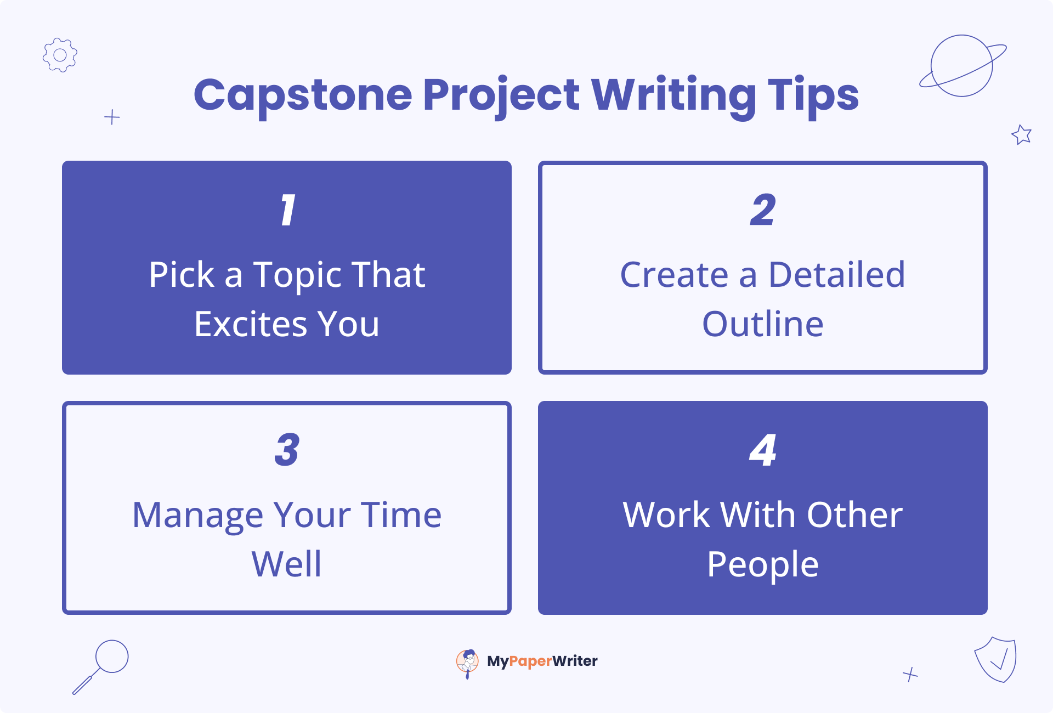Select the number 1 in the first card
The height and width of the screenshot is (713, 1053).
tap(287, 210)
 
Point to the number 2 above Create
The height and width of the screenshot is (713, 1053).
tap(763, 210)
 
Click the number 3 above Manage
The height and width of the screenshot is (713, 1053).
tap(287, 450)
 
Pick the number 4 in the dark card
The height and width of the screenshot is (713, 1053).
tap(763, 450)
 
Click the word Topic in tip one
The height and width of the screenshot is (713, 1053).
tap(297, 276)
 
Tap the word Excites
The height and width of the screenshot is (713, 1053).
tap(251, 324)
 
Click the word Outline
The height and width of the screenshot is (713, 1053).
tap(763, 324)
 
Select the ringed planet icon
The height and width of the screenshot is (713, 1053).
tap(963, 66)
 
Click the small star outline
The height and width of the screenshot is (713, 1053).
tap(1021, 134)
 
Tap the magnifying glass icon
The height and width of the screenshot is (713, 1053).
tap(100, 667)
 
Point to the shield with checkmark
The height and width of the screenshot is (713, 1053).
tap(995, 659)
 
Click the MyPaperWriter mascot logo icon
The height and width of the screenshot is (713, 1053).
tap(467, 663)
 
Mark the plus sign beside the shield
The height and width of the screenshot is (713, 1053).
tap(910, 674)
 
